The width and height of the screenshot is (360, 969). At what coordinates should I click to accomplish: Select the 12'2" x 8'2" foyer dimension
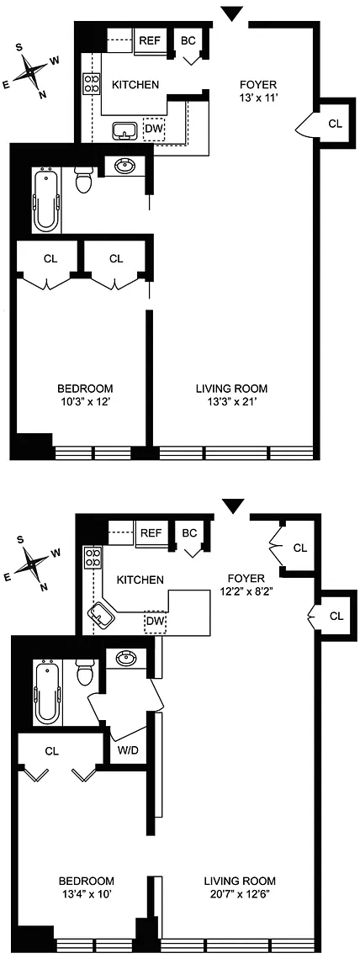coord(242,590)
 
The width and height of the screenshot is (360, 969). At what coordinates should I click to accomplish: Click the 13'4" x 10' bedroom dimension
coord(87,893)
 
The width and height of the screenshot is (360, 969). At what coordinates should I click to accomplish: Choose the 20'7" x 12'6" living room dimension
coord(240,893)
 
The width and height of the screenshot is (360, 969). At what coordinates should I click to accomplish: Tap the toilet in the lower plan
coord(83,672)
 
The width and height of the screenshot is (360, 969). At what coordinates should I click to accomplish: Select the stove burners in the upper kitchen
coord(92,83)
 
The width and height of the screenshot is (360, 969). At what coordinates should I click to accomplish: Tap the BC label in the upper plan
coord(188,40)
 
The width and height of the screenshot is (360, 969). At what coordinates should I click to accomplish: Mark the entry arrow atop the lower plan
coord(233,506)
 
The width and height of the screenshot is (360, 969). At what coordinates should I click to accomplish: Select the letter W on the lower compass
coord(55,553)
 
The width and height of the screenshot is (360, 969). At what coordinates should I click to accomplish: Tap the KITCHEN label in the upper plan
coord(135,85)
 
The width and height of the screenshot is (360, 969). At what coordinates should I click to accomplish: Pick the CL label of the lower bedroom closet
coord(52,751)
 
